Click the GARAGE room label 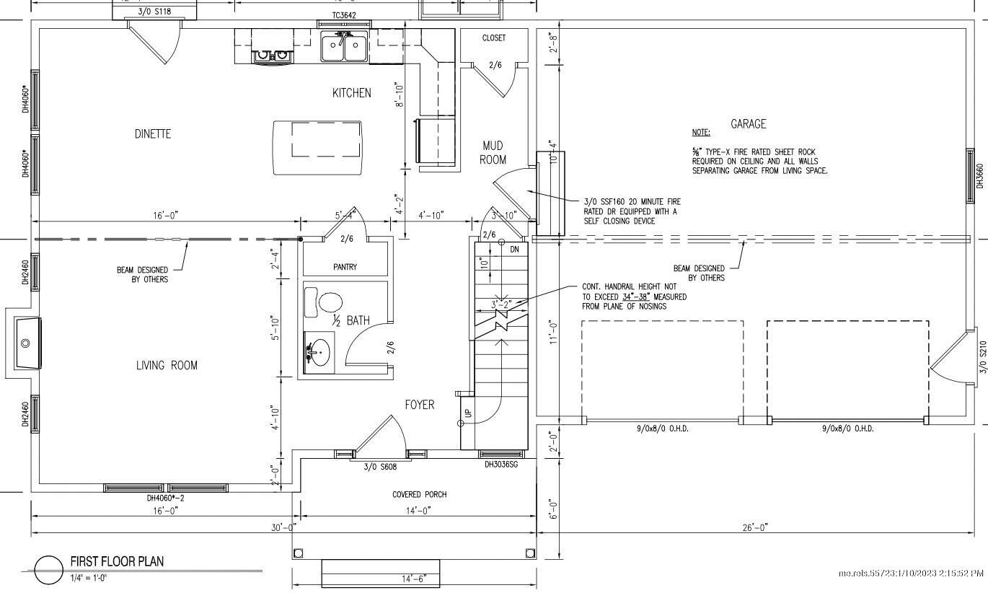click(748, 124)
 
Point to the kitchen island click(317, 147)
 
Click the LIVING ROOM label click(167, 366)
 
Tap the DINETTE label click(153, 134)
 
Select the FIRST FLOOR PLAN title click(117, 561)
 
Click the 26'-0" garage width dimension click(754, 527)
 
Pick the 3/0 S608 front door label click(380, 467)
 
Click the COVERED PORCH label click(419, 494)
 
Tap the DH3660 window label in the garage click(980, 176)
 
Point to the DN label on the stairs click(514, 249)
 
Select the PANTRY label click(345, 267)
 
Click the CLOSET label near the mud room click(494, 38)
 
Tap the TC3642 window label click(344, 15)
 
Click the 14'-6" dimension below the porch click(415, 579)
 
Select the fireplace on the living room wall click(25, 343)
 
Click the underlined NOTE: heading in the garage click(700, 133)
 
